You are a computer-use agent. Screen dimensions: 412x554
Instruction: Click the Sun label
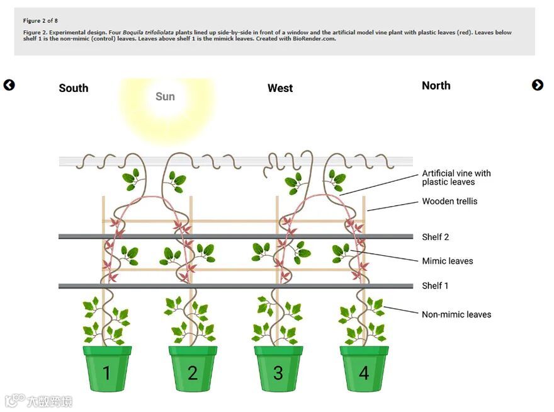pyautogui.click(x=165, y=96)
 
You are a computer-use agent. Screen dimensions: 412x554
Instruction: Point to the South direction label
pyautogui.click(x=74, y=88)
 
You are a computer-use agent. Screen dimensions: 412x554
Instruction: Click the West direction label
pyautogui.click(x=280, y=88)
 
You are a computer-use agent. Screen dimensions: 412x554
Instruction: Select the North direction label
pyautogui.click(x=436, y=86)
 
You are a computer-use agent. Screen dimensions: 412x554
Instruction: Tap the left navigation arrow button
pyautogui.click(x=9, y=85)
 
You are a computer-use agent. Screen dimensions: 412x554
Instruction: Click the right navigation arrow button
pyautogui.click(x=538, y=85)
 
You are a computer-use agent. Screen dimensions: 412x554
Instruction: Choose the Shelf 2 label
pyautogui.click(x=435, y=237)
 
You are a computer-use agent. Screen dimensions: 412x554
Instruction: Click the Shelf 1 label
pyautogui.click(x=435, y=285)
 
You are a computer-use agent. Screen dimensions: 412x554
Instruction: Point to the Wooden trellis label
pyautogui.click(x=449, y=202)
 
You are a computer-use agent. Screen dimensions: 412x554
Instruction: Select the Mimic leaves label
pyautogui.click(x=447, y=261)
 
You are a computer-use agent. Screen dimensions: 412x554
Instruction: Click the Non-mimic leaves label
pyautogui.click(x=456, y=314)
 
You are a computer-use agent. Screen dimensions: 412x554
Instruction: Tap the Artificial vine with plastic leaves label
pyautogui.click(x=456, y=178)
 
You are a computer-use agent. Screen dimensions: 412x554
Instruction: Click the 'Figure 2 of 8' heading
pyautogui.click(x=40, y=21)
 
